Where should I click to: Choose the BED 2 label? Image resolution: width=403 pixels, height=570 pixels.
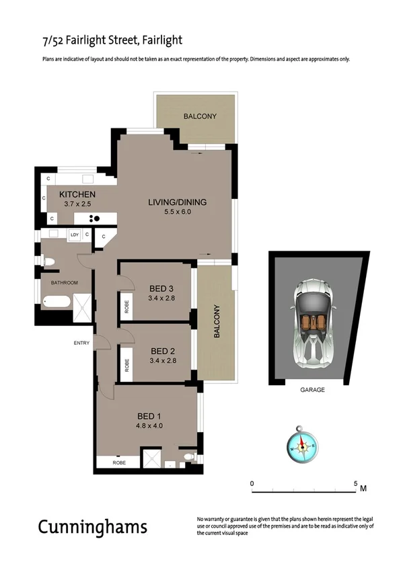click(163, 351)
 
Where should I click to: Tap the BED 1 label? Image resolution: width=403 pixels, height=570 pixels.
click(149, 415)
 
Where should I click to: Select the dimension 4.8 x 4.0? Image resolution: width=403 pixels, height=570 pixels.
click(149, 425)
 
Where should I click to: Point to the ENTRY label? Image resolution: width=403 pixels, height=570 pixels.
click(81, 343)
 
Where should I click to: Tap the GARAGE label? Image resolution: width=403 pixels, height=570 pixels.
click(312, 390)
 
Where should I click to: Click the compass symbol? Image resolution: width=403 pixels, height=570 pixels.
click(302, 444)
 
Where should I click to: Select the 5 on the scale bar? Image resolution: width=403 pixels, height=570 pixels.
click(355, 483)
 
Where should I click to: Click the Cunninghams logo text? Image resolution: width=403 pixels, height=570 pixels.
click(92, 526)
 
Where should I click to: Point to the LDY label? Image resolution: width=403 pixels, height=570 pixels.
click(75, 235)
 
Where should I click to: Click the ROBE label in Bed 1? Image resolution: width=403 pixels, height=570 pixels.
click(119, 463)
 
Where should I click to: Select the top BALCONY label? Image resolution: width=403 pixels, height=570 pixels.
click(200, 116)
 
